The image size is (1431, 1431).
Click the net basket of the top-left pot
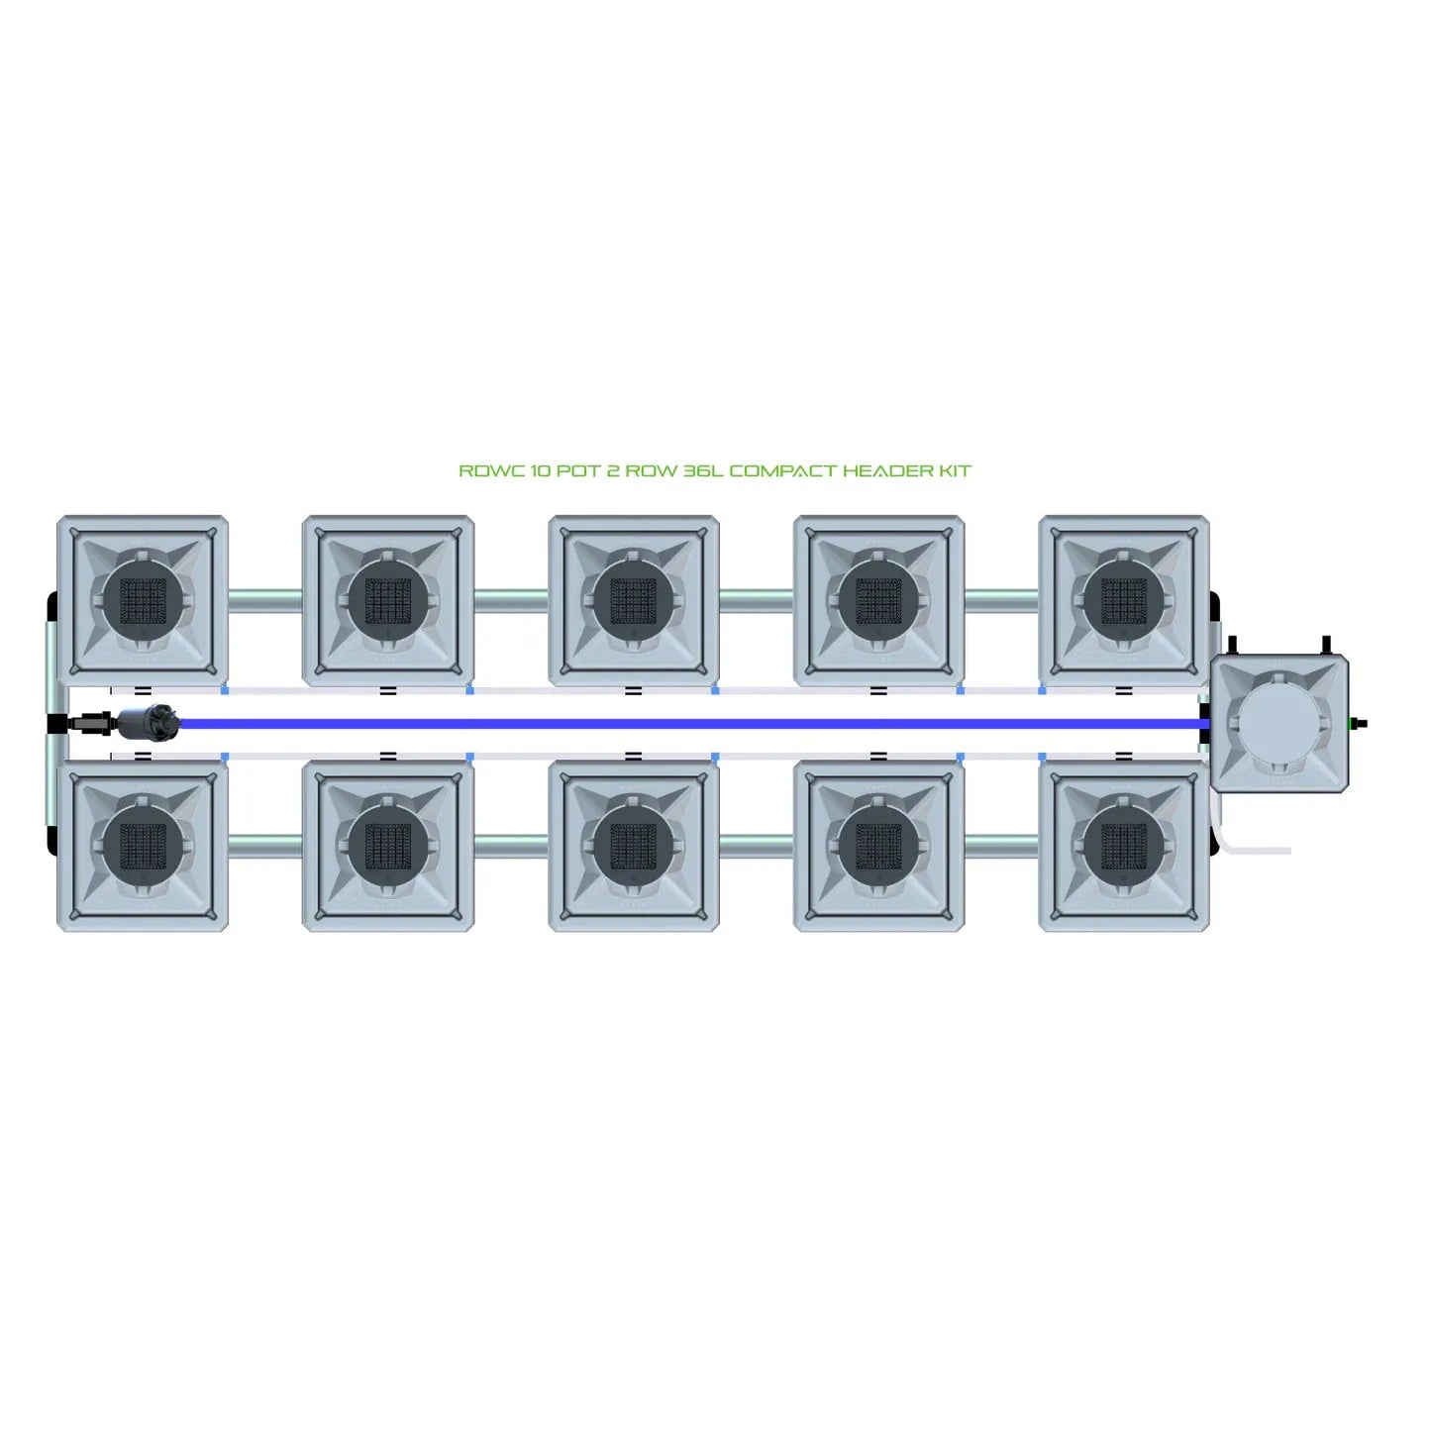pos(143,600)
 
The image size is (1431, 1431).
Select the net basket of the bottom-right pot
pos(1124,845)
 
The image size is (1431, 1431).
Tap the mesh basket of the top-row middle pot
pos(634,600)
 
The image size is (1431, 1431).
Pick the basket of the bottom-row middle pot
pos(634,845)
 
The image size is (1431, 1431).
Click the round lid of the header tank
pos(1278,723)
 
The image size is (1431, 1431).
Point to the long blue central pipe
pos(690,723)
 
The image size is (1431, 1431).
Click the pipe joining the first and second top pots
pos(265,600)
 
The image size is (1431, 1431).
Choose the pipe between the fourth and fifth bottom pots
pos(1001,845)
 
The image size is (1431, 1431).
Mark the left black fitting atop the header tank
pos(1233,646)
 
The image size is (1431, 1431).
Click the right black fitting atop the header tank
pos(1326,646)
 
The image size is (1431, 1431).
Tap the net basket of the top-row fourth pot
pos(878,600)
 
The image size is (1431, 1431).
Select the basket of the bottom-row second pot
pos(387,845)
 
